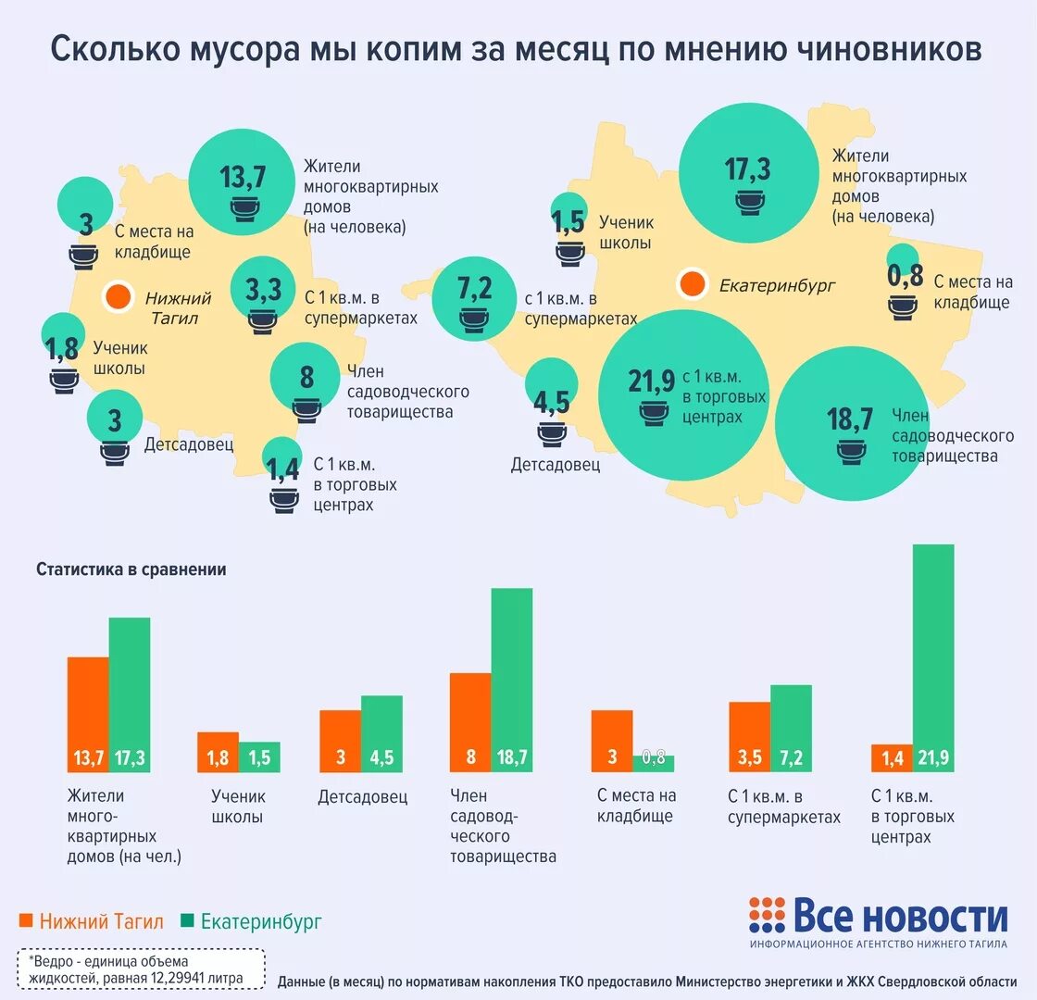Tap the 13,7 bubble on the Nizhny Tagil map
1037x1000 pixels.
[243, 181]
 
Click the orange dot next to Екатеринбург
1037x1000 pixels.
[692, 284]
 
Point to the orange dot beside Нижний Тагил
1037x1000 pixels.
[117, 297]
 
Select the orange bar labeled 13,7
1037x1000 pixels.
[88, 713]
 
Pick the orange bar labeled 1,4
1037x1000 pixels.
[892, 757]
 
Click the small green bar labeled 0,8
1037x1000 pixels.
[654, 763]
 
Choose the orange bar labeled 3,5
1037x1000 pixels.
[749, 736]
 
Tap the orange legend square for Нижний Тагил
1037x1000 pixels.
[26, 920]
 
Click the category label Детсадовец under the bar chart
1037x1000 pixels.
[362, 796]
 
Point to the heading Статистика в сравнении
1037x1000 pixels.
[131, 569]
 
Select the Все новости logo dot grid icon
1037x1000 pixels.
[766, 914]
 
